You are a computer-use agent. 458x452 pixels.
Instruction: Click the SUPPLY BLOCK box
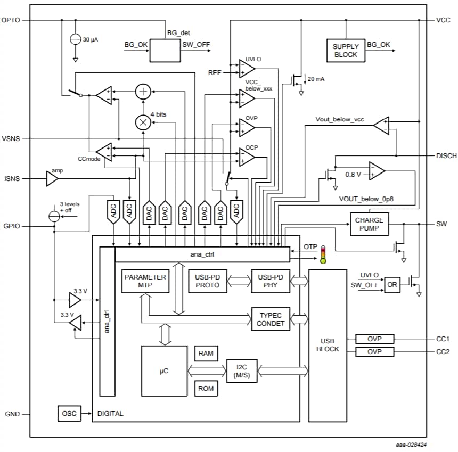pos(346,51)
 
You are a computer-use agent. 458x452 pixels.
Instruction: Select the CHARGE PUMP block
pos(369,224)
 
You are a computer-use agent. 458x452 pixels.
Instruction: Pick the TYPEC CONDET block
pos(271,319)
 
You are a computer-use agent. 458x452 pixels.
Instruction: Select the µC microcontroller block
pos(164,371)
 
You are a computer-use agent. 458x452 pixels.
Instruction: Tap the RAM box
pos(206,354)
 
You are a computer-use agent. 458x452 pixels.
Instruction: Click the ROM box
pos(206,388)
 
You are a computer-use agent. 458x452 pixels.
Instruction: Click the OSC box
pos(68,413)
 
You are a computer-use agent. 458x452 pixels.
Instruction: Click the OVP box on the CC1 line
pos(374,339)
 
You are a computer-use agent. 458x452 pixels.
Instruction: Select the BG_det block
pos(165,51)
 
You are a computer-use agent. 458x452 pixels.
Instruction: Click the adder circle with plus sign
pos(142,92)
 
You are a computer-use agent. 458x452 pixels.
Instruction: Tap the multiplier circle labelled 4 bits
pos(142,122)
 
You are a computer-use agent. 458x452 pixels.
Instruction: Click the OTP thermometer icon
pos(322,255)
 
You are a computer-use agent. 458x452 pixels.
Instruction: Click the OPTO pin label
pos(11,20)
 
